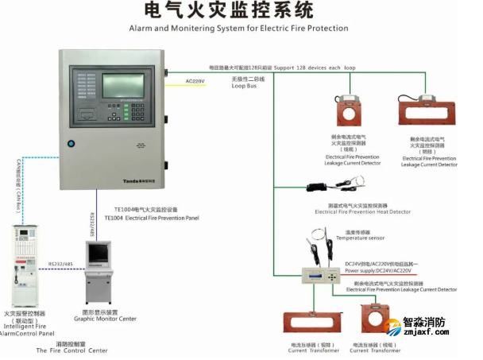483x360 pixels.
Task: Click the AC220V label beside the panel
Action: click(x=196, y=81)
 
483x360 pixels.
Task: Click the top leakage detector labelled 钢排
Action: click(x=426, y=110)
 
